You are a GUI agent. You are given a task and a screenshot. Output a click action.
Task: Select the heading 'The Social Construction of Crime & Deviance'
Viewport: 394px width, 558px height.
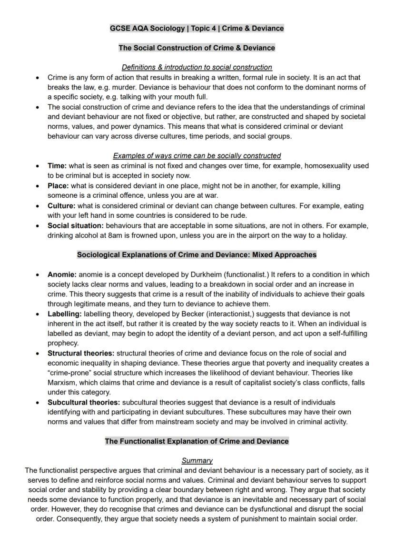[x=197, y=48]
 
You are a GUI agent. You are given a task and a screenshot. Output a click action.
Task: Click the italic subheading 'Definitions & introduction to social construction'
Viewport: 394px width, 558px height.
[x=197, y=68]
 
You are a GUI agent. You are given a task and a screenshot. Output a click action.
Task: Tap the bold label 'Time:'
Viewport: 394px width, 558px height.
[x=57, y=166]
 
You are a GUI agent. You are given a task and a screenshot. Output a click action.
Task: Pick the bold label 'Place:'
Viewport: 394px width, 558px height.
[x=58, y=186]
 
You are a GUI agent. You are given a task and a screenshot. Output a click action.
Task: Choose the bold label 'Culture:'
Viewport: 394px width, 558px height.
[x=61, y=206]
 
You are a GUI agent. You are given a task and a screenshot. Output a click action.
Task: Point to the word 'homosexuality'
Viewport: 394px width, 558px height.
[x=327, y=166]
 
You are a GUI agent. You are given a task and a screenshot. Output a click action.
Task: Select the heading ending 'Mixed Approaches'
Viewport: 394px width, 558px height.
[x=197, y=255]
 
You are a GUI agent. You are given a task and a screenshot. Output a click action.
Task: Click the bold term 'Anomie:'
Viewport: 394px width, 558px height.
[x=62, y=274]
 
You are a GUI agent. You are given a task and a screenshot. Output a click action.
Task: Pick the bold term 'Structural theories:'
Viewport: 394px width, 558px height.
[x=81, y=354]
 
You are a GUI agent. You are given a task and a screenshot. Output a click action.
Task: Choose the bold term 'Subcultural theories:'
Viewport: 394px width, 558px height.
[x=83, y=403]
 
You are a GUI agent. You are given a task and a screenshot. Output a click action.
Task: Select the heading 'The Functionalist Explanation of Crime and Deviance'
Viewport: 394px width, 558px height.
[x=197, y=441]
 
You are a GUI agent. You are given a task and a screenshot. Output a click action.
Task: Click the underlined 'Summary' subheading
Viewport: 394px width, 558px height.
[x=197, y=461]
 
